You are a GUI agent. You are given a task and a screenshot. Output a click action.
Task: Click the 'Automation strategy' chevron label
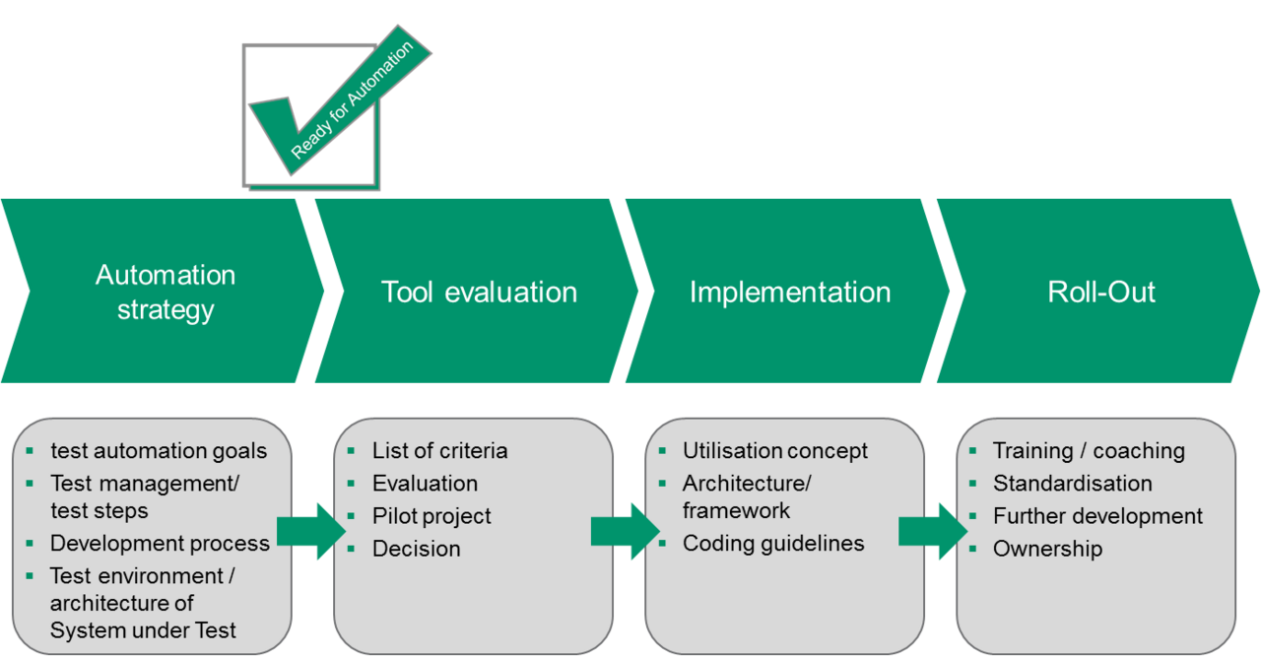click(x=166, y=292)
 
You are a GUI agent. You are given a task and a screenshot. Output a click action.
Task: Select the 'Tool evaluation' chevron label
click(x=479, y=293)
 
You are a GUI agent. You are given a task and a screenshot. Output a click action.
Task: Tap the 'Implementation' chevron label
click(x=790, y=293)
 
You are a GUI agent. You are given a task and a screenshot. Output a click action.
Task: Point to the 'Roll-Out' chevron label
click(x=1101, y=293)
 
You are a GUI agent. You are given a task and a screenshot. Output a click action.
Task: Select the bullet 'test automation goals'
click(x=159, y=451)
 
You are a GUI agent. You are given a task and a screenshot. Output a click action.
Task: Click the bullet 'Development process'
click(x=160, y=544)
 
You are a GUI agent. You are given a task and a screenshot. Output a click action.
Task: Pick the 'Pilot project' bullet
click(x=431, y=516)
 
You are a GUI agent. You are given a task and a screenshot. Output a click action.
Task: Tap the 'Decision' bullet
click(x=416, y=549)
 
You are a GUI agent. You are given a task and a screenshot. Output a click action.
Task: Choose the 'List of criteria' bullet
click(x=439, y=451)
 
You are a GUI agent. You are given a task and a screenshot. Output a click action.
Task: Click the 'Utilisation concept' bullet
click(x=775, y=451)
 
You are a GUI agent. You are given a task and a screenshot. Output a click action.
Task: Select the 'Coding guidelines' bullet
click(x=773, y=544)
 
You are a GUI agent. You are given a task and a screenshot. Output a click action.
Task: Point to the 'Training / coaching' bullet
click(x=1089, y=451)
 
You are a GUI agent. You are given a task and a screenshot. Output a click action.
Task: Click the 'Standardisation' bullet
click(x=1072, y=484)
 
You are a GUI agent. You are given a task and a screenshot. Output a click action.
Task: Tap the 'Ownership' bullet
click(x=1047, y=549)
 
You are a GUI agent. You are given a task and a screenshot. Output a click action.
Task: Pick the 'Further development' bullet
click(x=1097, y=516)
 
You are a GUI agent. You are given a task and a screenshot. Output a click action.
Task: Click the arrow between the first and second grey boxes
click(x=310, y=531)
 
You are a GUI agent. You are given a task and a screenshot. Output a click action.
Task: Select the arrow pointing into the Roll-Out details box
click(x=932, y=531)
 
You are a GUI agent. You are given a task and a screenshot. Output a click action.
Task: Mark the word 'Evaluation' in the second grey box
click(x=425, y=484)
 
